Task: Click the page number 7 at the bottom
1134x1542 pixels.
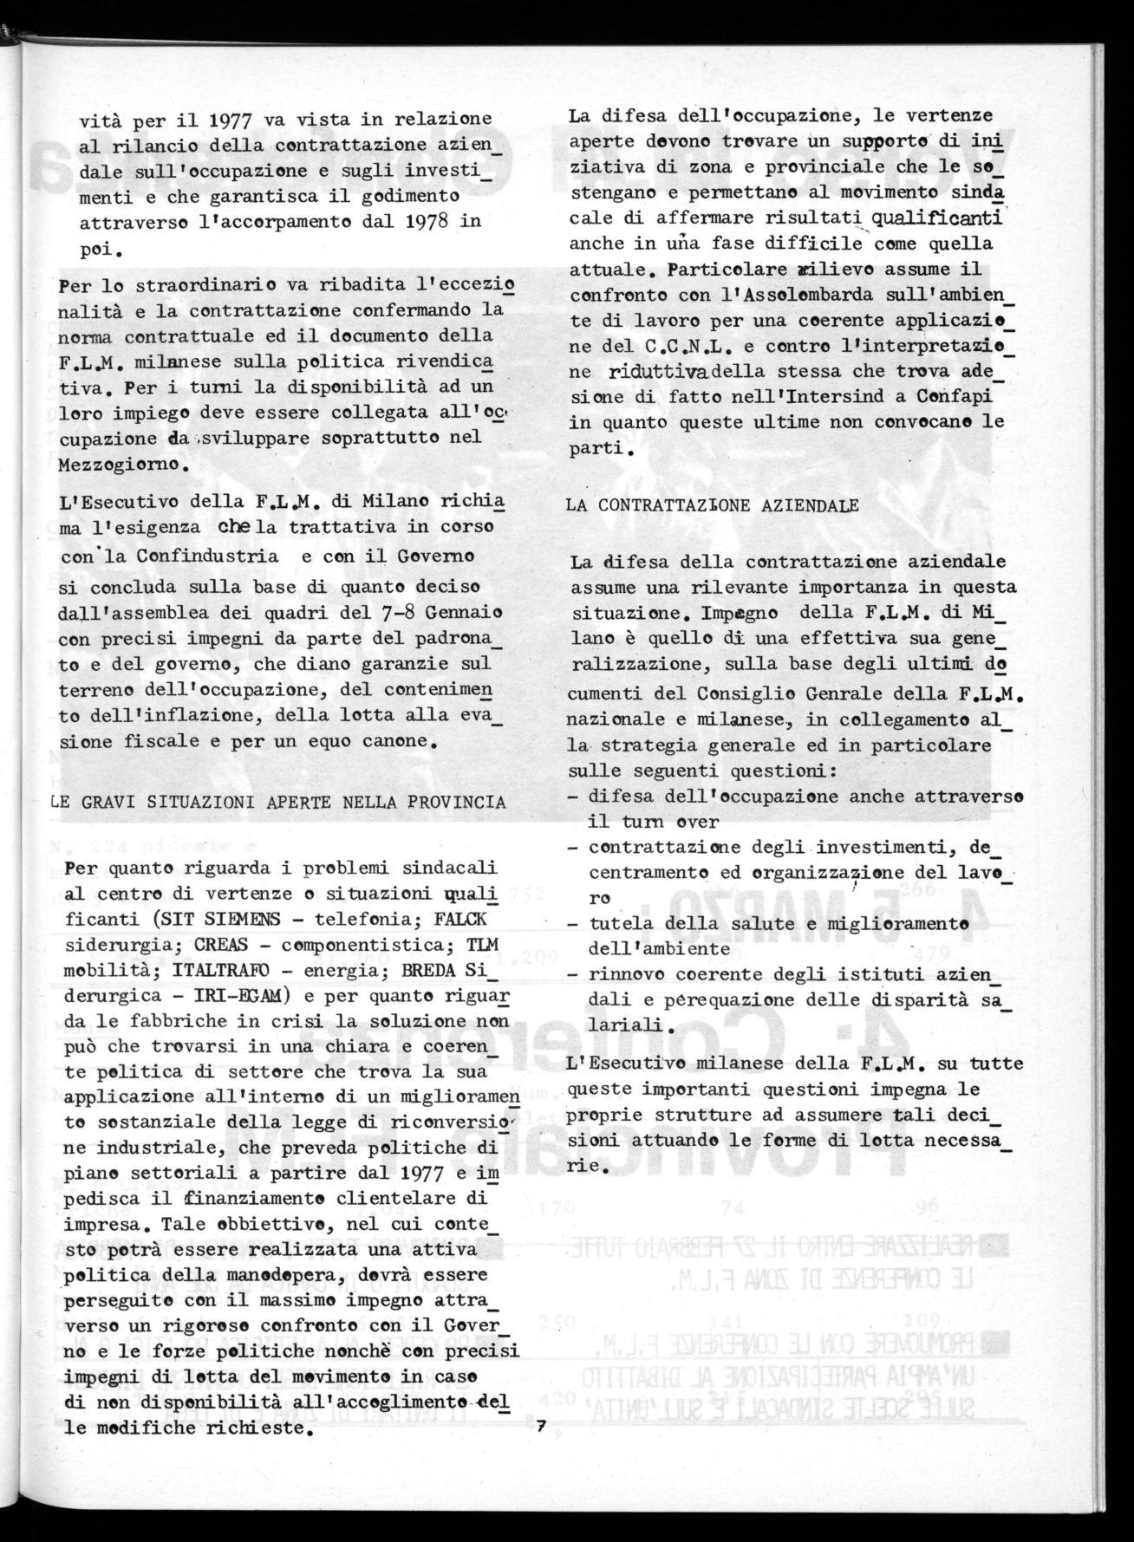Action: [x=540, y=1427]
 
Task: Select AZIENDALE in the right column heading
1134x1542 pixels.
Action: [x=806, y=506]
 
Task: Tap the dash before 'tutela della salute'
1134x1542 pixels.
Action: [x=574, y=924]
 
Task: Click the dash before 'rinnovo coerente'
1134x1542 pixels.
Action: [x=574, y=974]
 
